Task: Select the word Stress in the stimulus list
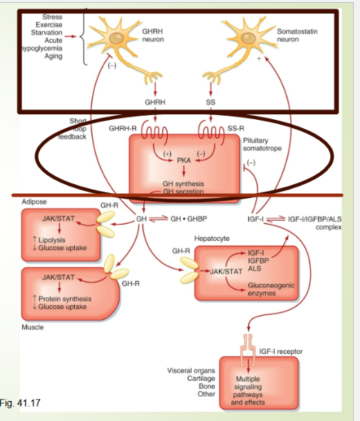52,17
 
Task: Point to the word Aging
53,56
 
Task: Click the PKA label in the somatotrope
183,159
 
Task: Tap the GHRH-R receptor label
125,129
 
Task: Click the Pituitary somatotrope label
262,144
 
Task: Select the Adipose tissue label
34,202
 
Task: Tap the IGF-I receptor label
280,352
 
